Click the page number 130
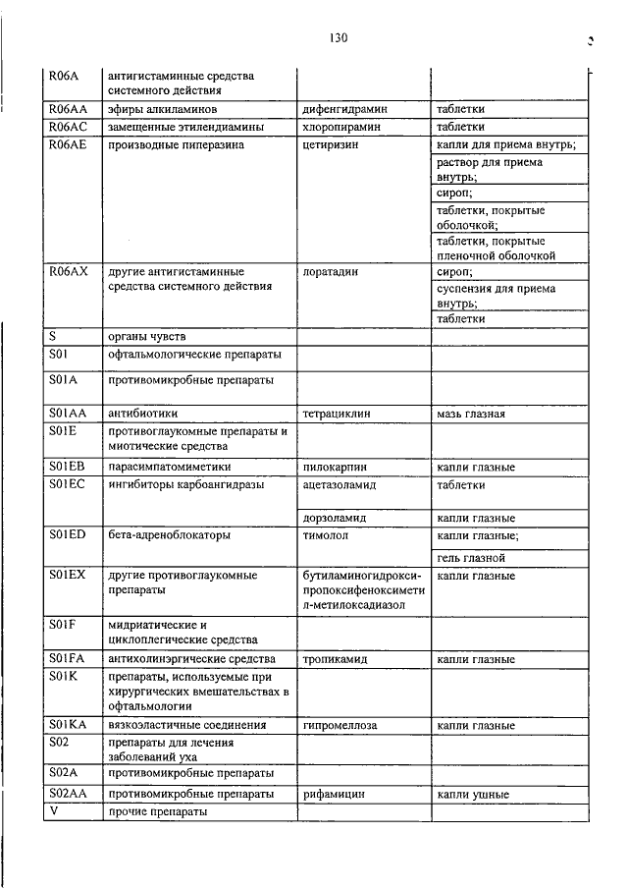(x=339, y=38)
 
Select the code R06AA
(x=69, y=109)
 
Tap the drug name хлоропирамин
(x=343, y=128)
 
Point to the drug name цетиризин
(x=331, y=145)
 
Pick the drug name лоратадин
(x=331, y=272)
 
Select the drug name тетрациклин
(x=338, y=414)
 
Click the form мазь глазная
(x=471, y=414)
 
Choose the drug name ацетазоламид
(x=340, y=485)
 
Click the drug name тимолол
(x=327, y=535)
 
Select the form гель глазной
(x=471, y=558)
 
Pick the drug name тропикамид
(x=336, y=659)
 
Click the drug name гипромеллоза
(x=340, y=725)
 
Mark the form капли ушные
(x=473, y=794)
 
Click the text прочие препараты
(x=157, y=811)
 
